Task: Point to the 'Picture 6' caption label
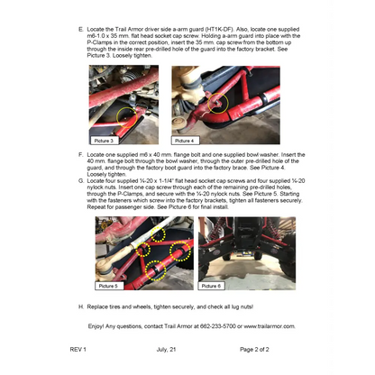click(x=213, y=285)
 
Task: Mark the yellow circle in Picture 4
click(x=216, y=104)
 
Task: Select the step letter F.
click(x=82, y=155)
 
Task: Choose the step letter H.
click(x=82, y=306)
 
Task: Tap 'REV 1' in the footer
click(x=78, y=348)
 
